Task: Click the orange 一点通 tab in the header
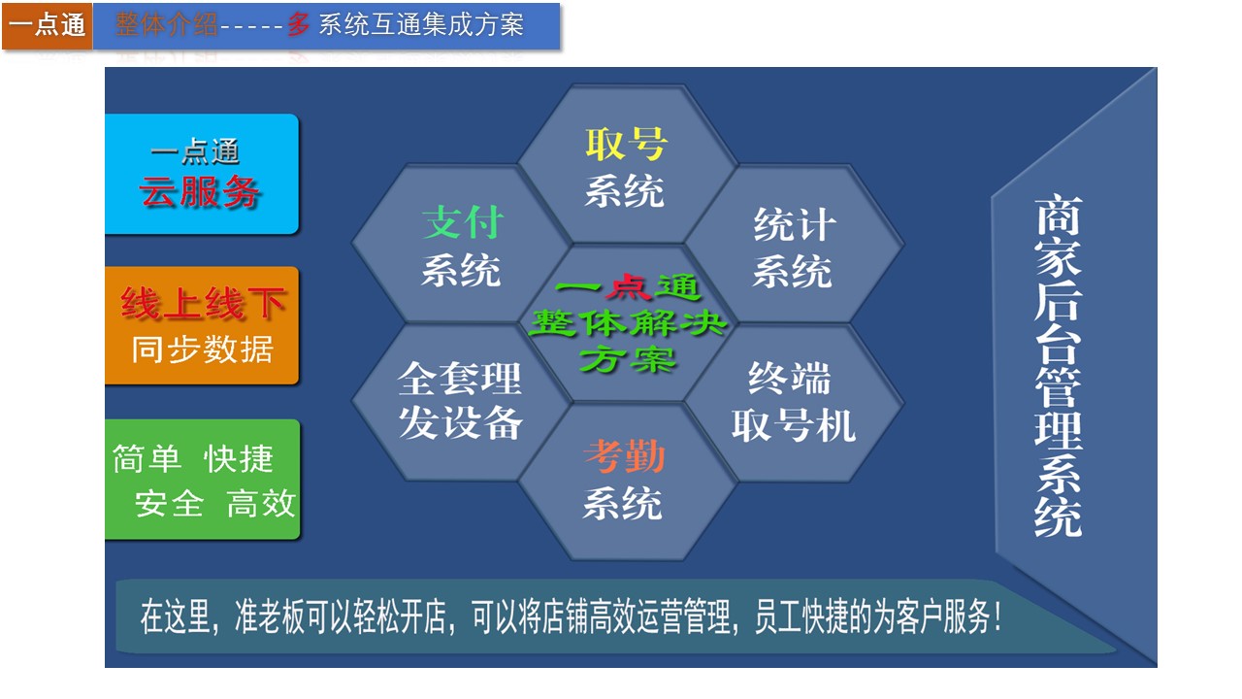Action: click(48, 25)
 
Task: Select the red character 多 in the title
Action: click(299, 25)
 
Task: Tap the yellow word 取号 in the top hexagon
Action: click(626, 145)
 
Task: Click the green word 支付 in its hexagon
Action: click(463, 222)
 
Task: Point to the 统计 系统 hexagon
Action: click(794, 244)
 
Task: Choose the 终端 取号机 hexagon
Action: click(794, 403)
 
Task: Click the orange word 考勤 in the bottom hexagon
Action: click(624, 456)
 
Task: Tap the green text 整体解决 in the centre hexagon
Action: click(628, 323)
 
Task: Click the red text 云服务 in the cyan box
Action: click(200, 191)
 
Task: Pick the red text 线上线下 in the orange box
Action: click(203, 304)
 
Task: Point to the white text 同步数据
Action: click(203, 349)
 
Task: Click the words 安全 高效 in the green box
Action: click(214, 503)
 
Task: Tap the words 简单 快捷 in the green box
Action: click(193, 459)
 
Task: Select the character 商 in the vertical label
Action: click(1058, 216)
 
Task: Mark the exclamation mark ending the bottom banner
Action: click(997, 616)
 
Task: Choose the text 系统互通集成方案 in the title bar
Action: click(421, 25)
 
